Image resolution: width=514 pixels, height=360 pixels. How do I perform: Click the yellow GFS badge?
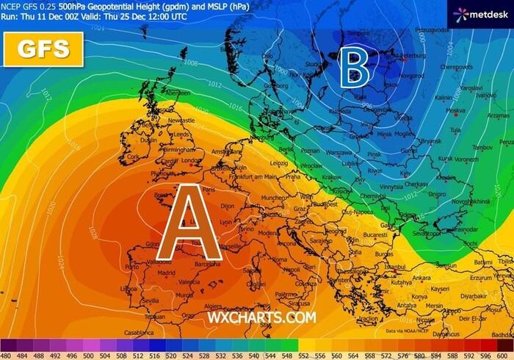(x=43, y=50)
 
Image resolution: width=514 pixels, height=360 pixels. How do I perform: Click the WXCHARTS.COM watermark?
(x=261, y=317)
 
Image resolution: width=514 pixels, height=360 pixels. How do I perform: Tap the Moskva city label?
(x=456, y=111)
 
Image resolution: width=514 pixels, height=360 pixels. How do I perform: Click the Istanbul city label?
(x=405, y=267)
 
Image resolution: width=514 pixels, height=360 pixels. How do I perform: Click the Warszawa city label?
(x=339, y=154)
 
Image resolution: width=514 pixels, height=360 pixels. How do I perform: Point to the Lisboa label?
(x=128, y=289)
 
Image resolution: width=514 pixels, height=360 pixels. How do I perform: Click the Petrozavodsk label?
(x=431, y=30)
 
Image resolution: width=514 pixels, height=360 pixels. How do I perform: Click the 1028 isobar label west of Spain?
(x=93, y=233)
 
